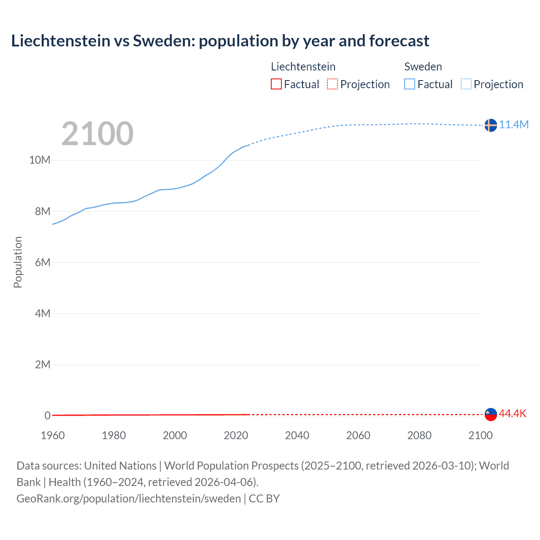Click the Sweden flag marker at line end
491,125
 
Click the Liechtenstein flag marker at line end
491,414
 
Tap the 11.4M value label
514,124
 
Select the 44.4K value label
513,413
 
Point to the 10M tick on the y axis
40,160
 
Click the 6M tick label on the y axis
43,262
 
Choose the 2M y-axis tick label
43,364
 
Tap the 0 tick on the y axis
47,416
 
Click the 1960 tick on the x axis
53,435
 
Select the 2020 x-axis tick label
236,435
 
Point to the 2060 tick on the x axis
358,435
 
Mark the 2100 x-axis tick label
480,435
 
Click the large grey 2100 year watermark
97,134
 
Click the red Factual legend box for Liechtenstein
276,84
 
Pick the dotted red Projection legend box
332,84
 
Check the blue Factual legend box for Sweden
410,84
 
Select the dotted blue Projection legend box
466,84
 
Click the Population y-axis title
18,262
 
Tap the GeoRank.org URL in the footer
129,498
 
